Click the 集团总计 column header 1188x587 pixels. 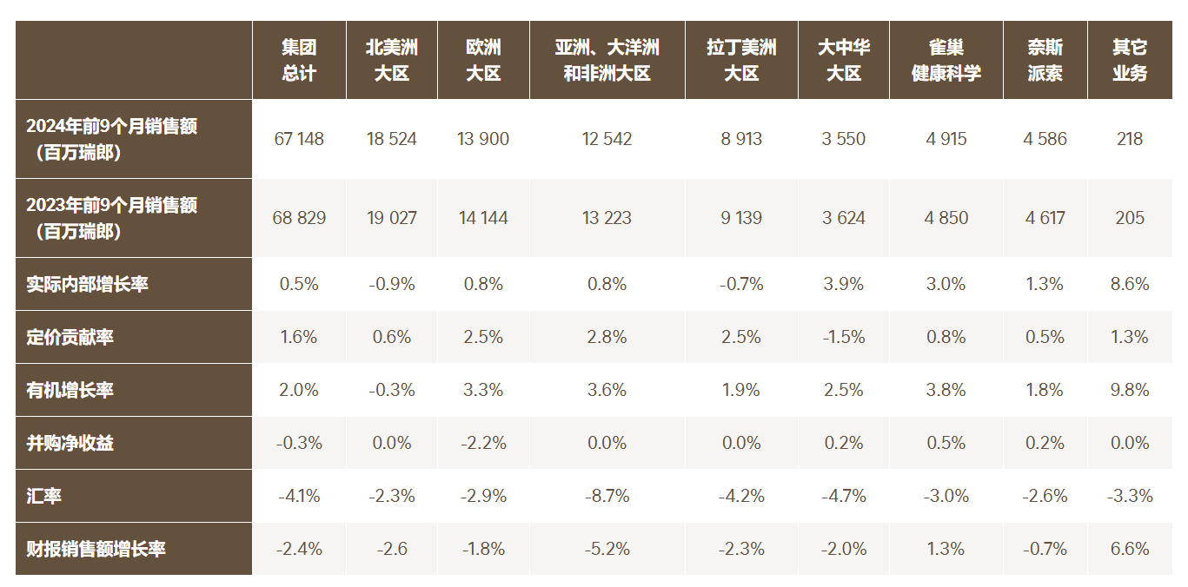(299, 60)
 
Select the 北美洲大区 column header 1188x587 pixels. (392, 60)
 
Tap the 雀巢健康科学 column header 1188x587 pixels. (946, 60)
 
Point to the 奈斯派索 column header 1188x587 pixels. (1045, 60)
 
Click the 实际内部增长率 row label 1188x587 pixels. (87, 284)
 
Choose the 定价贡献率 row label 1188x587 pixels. (70, 337)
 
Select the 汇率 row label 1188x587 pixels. (44, 496)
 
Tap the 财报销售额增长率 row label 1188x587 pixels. (96, 549)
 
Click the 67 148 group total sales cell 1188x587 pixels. (299, 139)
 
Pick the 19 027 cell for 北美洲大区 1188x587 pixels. (392, 218)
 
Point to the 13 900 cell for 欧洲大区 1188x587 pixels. (483, 139)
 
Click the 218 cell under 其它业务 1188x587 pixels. (1130, 139)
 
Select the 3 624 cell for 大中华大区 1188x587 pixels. (844, 218)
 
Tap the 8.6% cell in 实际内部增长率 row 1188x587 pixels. (1130, 284)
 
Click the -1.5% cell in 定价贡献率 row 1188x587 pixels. (844, 337)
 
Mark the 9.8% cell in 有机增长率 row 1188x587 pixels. (1130, 390)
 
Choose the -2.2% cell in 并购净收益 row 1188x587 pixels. (483, 443)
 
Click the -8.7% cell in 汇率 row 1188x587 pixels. (607, 496)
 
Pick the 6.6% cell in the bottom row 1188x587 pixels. (1130, 549)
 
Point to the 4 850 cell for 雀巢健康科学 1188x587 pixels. (946, 218)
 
